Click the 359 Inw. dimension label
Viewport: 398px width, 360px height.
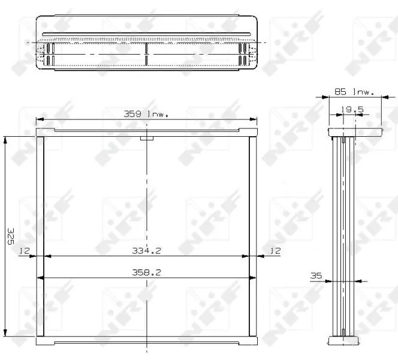(x=146, y=113)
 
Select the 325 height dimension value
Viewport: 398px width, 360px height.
(x=10, y=236)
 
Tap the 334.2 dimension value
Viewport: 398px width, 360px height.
(x=146, y=251)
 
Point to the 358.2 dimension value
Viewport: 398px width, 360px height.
(x=146, y=272)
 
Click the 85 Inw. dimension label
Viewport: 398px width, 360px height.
(x=354, y=91)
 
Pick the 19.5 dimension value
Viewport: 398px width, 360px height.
(x=352, y=109)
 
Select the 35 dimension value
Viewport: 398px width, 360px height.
(x=316, y=275)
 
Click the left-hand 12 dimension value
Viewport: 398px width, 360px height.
(x=25, y=251)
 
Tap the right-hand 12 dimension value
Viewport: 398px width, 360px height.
(x=275, y=251)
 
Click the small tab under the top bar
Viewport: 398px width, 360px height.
(x=147, y=138)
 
